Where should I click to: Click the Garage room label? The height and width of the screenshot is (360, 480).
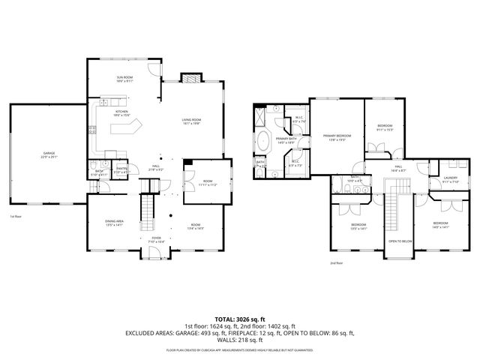(x=47, y=155)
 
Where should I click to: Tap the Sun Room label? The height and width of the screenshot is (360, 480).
(x=124, y=79)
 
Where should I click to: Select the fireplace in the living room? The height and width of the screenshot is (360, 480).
(x=191, y=77)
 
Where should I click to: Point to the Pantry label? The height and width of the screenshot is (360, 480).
(x=121, y=170)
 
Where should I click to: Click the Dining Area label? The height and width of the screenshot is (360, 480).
(x=115, y=224)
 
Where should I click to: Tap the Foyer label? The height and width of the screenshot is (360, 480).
(x=155, y=240)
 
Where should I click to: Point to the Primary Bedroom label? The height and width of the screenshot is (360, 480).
(x=337, y=137)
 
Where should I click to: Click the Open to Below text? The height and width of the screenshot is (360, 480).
(x=400, y=241)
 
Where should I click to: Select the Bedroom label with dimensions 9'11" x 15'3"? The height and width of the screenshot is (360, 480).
(x=385, y=127)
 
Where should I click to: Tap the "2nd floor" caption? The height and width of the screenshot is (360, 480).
(x=337, y=263)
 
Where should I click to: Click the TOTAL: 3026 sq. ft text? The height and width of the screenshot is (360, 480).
(x=240, y=318)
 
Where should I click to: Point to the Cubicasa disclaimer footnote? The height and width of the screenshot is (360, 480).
(x=240, y=349)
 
